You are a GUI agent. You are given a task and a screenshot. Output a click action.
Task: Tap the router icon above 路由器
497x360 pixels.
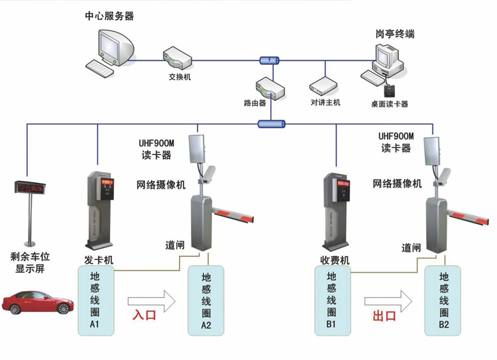(268, 88)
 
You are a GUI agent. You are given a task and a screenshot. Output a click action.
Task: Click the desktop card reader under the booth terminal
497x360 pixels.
(390, 90)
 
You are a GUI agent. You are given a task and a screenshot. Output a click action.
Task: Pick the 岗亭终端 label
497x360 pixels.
(395, 34)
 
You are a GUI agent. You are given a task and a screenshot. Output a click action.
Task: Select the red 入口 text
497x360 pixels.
(144, 315)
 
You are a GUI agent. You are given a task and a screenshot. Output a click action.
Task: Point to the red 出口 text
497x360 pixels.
(384, 316)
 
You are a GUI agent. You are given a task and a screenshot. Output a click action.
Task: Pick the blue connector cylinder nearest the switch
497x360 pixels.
(269, 60)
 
